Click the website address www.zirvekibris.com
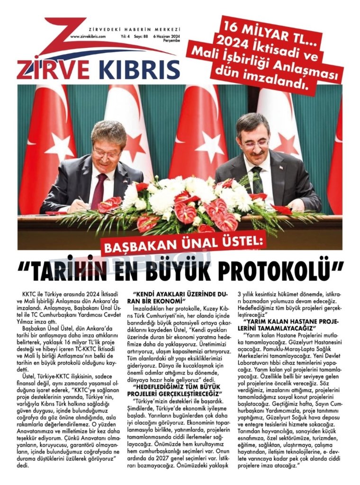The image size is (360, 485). [x=87, y=36]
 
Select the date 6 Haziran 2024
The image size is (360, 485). [x=167, y=36]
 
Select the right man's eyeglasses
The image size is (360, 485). [x=254, y=144]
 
